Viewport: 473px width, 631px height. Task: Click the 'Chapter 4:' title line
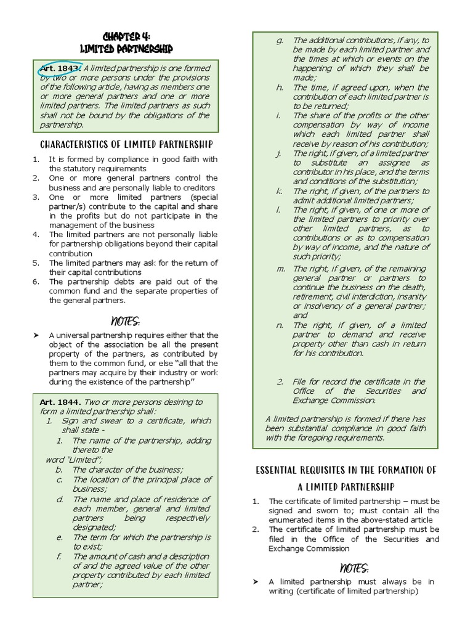126,36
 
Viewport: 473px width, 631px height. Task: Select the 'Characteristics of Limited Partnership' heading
126,144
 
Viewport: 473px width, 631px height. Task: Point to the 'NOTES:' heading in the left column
125,320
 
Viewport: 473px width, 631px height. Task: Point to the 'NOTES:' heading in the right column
354,568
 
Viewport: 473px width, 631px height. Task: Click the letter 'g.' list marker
279,40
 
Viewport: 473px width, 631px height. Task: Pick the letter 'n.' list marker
279,325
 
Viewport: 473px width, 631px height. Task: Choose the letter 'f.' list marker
59,556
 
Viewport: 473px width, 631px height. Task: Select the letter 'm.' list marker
280,268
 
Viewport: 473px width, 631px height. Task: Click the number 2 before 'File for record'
280,381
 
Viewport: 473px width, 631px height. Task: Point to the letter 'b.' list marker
59,470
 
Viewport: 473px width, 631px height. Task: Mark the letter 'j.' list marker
279,153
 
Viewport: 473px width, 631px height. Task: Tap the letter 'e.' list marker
59,537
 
